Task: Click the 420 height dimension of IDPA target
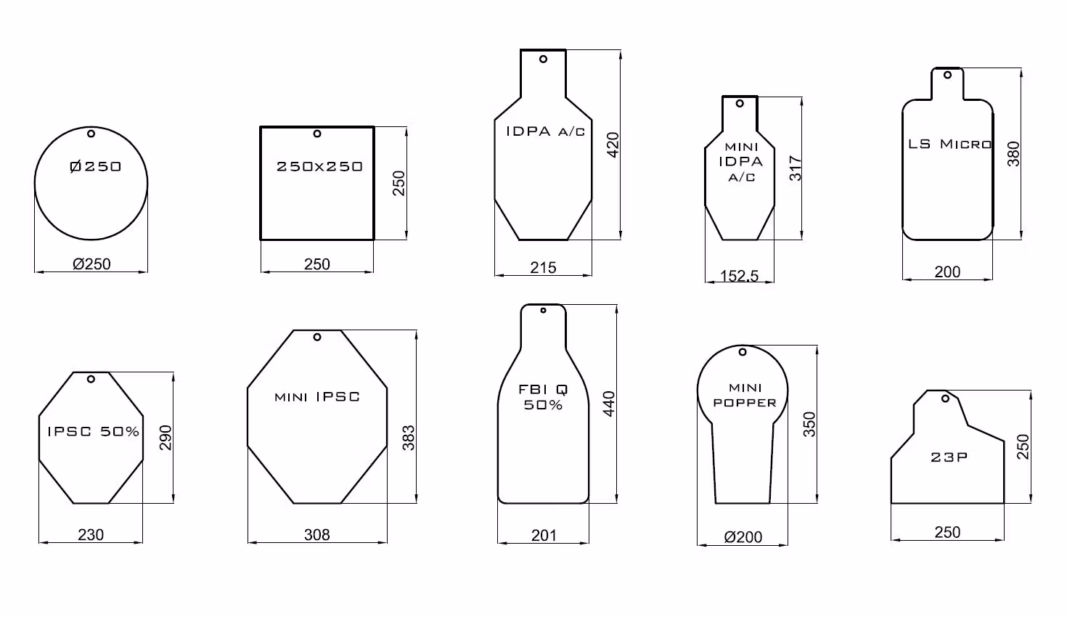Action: [x=612, y=146]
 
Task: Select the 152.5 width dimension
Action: [x=739, y=276]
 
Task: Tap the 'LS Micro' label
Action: [x=949, y=144]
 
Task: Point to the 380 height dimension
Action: [x=1014, y=154]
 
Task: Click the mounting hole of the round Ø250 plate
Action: [x=91, y=134]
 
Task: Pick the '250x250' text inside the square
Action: [x=319, y=166]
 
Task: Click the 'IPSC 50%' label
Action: [x=93, y=431]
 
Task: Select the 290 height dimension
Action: [x=165, y=438]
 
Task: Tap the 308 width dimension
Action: [x=317, y=535]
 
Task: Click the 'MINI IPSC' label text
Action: [x=317, y=397]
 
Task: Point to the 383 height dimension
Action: [x=409, y=438]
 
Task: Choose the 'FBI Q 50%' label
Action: [x=544, y=397]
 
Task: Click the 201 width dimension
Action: [x=544, y=536]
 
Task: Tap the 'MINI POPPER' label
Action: [x=745, y=395]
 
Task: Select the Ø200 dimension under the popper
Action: [x=743, y=537]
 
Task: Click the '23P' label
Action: [x=949, y=457]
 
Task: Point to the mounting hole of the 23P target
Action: [x=945, y=399]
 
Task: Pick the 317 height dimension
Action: [x=795, y=168]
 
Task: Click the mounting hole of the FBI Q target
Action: [x=543, y=311]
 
